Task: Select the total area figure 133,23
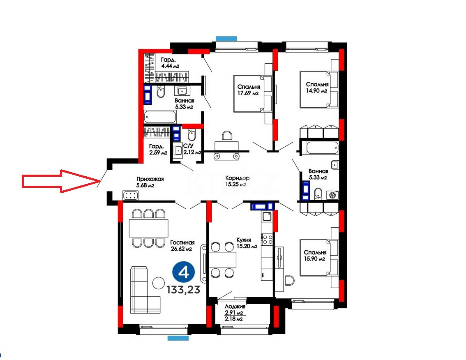point(183,290)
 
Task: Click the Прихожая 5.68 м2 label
point(150,182)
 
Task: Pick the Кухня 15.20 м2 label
point(247,243)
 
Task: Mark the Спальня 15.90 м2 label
point(315,256)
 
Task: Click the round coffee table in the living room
point(159,283)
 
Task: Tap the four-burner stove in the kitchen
point(267,239)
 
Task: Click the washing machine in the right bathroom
point(332,195)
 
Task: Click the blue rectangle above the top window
point(226,38)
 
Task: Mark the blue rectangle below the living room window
point(178,338)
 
